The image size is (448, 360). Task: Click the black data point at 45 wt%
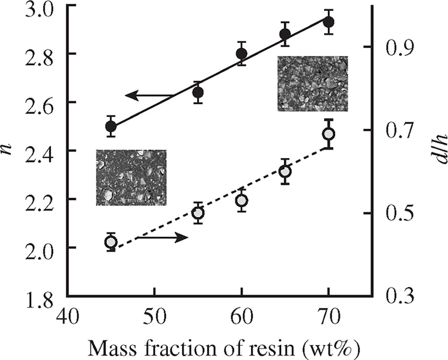[111, 126]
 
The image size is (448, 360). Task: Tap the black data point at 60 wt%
[242, 54]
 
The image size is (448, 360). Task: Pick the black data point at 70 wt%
[329, 22]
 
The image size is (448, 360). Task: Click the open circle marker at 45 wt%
[111, 242]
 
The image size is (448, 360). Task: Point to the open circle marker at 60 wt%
[242, 201]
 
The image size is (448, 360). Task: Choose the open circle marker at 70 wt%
[329, 134]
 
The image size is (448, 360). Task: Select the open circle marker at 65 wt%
[285, 171]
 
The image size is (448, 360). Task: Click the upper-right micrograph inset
[313, 84]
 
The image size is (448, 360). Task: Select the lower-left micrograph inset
[131, 178]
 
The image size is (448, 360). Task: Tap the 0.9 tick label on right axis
[392, 47]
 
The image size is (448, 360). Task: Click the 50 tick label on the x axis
[154, 317]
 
